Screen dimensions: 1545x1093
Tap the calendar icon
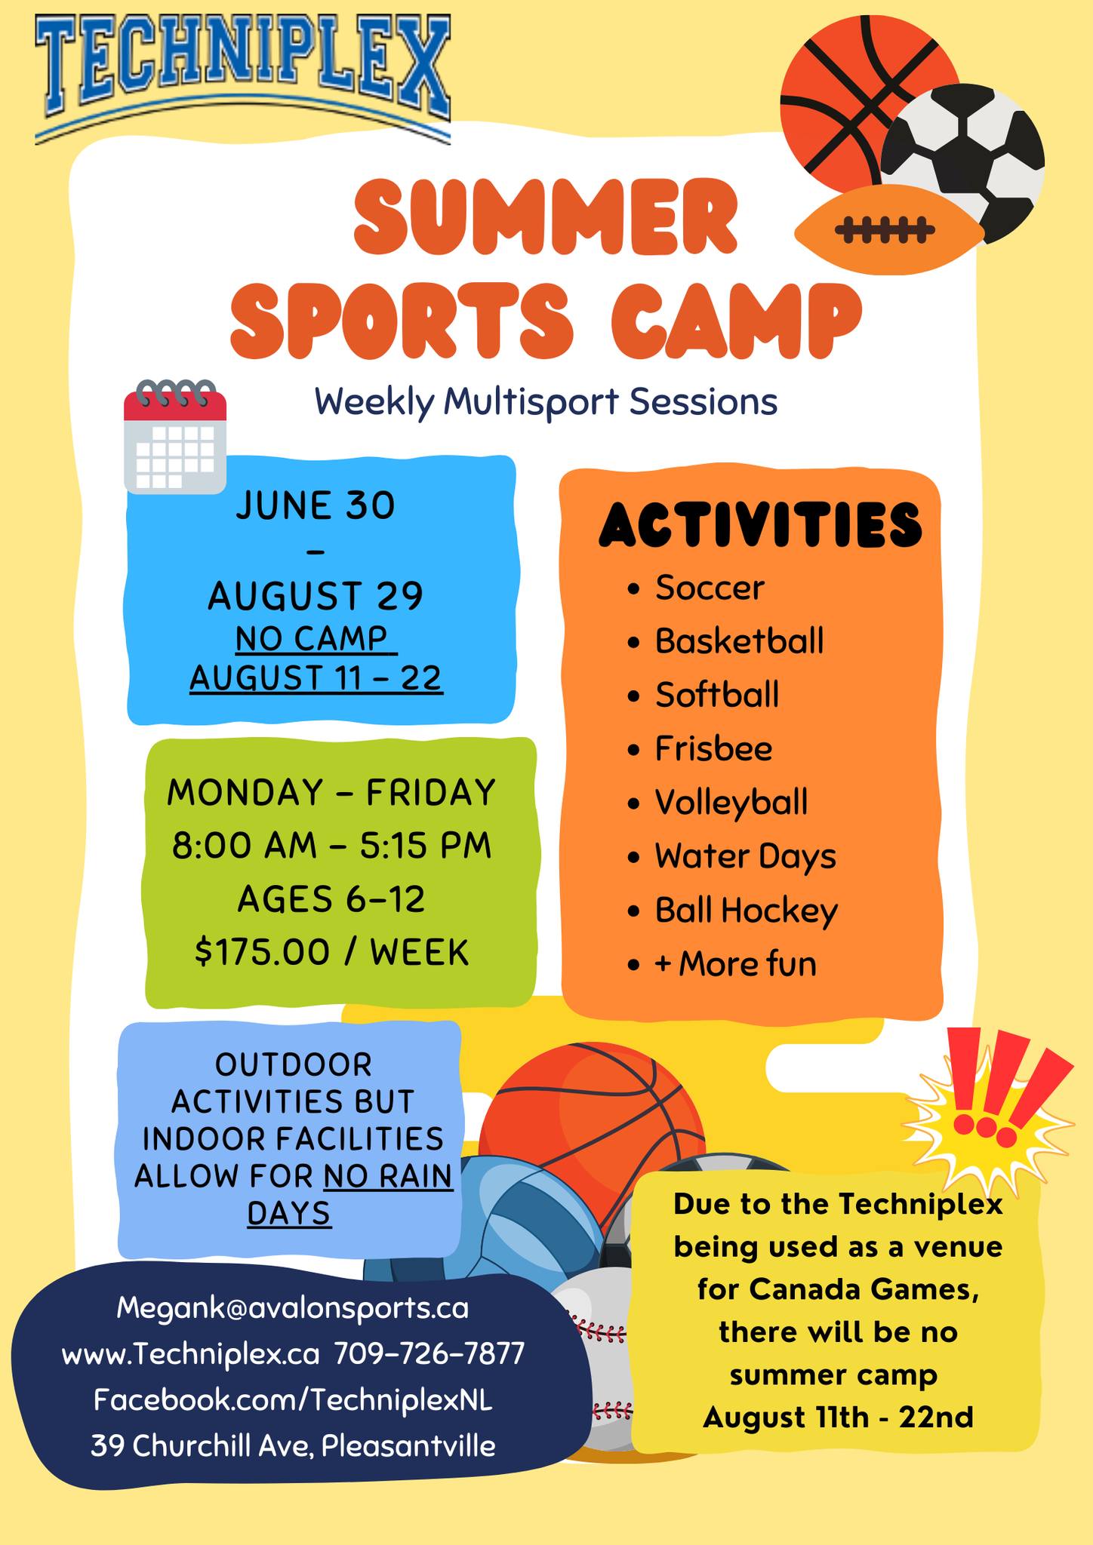click(175, 438)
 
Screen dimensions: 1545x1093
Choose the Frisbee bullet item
click(713, 749)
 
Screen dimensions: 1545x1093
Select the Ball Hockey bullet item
click(746, 911)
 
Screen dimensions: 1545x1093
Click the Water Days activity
click(745, 856)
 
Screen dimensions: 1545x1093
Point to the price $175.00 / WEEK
click(332, 952)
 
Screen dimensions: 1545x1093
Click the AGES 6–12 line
click(331, 899)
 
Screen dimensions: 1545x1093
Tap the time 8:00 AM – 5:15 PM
click(331, 846)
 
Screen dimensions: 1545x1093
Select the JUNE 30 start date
click(316, 505)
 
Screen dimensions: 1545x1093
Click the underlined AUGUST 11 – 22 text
click(316, 677)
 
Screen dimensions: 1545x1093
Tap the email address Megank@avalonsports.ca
click(293, 1307)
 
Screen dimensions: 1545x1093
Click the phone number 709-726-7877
click(429, 1354)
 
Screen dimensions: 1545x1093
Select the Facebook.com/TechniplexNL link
click(293, 1400)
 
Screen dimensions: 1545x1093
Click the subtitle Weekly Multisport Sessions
click(546, 401)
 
